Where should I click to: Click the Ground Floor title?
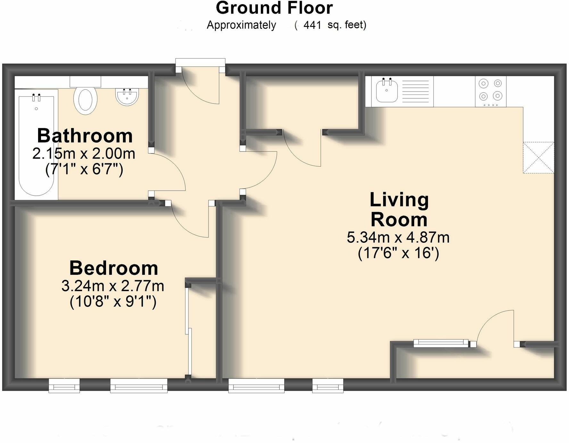coord(274,8)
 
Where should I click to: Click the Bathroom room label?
coord(85,136)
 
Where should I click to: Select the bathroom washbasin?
coord(127,97)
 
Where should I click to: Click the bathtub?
coord(37,144)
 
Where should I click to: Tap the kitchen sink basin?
coord(387,91)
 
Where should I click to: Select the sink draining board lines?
coord(415,91)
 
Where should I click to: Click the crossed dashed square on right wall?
coord(538,158)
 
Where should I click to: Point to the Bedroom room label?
coord(114,268)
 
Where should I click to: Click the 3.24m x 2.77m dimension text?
coord(113,286)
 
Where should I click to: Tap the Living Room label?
coord(399,209)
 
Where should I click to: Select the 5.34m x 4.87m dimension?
coord(398,238)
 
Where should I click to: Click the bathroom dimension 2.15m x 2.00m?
coord(84,154)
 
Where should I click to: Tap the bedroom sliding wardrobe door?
coord(188,330)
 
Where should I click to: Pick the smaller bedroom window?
coord(64,385)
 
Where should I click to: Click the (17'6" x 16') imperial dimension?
coord(398,253)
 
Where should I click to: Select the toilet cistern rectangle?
coord(85,81)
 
